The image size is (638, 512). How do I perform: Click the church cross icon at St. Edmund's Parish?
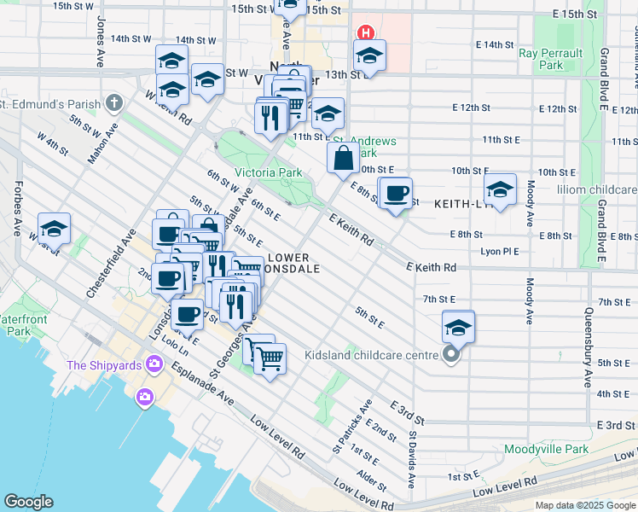pyautogui.click(x=115, y=103)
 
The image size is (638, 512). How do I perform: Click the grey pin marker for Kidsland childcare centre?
pyautogui.click(x=452, y=354)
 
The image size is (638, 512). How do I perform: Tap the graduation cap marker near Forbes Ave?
pyautogui.click(x=54, y=228)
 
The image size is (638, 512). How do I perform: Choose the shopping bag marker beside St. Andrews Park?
pyautogui.click(x=343, y=158)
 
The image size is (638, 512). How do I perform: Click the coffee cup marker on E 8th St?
pyautogui.click(x=395, y=194)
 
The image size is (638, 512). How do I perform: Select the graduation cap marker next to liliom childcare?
pyautogui.click(x=500, y=189)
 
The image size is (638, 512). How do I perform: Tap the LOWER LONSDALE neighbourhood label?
pyautogui.click(x=293, y=262)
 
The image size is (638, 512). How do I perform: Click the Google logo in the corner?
pyautogui.click(x=29, y=501)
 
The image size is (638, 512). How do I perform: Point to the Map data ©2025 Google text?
pyautogui.click(x=584, y=505)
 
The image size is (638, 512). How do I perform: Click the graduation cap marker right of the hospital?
pyautogui.click(x=369, y=56)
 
